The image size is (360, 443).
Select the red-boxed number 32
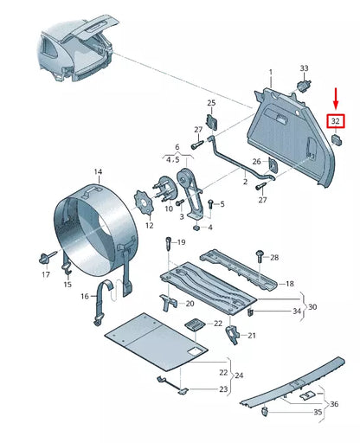click(335, 122)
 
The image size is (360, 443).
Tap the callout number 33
click(304, 67)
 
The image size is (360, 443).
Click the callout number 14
click(98, 173)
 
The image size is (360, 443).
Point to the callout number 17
click(46, 274)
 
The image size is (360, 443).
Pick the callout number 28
click(274, 258)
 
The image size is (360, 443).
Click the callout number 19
click(181, 243)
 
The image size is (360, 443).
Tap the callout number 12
click(149, 226)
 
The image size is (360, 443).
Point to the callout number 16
click(85, 296)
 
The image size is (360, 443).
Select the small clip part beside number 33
click(305, 84)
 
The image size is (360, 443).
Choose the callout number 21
click(251, 336)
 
